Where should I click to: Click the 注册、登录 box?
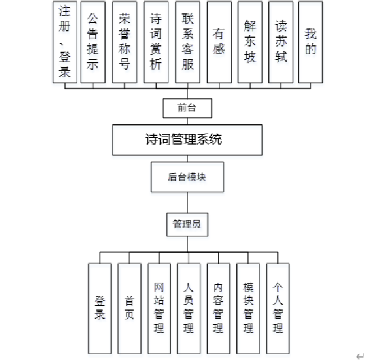coord(65,42)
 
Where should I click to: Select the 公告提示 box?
coord(93,42)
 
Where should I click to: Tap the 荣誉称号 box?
coord(124,42)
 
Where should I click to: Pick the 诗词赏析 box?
coord(156,42)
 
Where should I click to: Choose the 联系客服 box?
coord(188,42)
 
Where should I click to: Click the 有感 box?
coord(219,42)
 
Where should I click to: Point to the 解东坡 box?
coord(250,42)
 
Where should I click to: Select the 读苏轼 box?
coord(281,42)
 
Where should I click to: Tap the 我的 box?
coord(311,42)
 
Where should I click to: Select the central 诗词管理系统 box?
coord(186,140)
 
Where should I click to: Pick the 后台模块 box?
coord(187,177)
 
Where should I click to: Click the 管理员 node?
coord(187,224)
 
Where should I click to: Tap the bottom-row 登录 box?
coord(100,308)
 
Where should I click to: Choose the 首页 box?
coord(129,308)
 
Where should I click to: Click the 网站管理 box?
coord(159,308)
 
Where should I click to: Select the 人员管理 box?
coord(189,308)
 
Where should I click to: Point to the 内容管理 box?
coord(218,308)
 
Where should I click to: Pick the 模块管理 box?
coord(248,308)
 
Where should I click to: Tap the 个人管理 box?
coord(278,308)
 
